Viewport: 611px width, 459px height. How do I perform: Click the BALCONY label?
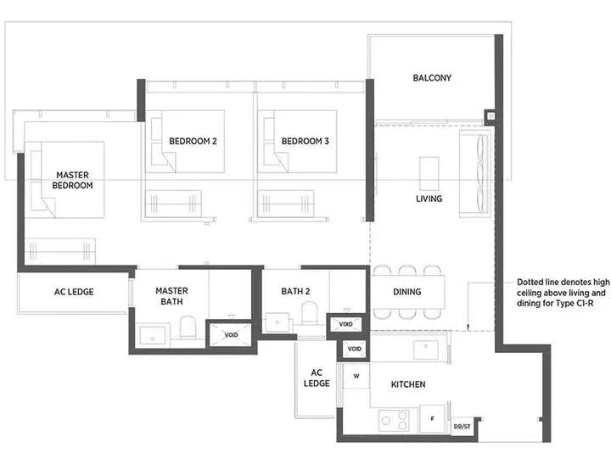pos(432,78)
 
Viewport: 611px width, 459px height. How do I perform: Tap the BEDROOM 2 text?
pos(193,141)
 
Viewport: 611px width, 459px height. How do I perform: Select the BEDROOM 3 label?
pos(305,141)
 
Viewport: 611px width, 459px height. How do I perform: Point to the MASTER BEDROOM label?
pos(72,180)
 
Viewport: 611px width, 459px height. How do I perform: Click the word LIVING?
pos(429,199)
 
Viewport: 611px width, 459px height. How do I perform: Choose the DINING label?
pos(406,293)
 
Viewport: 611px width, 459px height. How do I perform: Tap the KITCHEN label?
pos(407,384)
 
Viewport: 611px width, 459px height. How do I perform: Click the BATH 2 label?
pos(296,293)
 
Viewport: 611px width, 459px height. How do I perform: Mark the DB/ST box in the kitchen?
pos(463,426)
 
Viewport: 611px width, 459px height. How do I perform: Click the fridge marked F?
pos(432,418)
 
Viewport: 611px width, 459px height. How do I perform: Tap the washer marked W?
pos(356,375)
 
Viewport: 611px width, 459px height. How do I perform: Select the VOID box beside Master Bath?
pos(231,334)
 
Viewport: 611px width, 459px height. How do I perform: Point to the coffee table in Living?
pos(429,174)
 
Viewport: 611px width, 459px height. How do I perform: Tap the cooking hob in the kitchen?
pos(393,420)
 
